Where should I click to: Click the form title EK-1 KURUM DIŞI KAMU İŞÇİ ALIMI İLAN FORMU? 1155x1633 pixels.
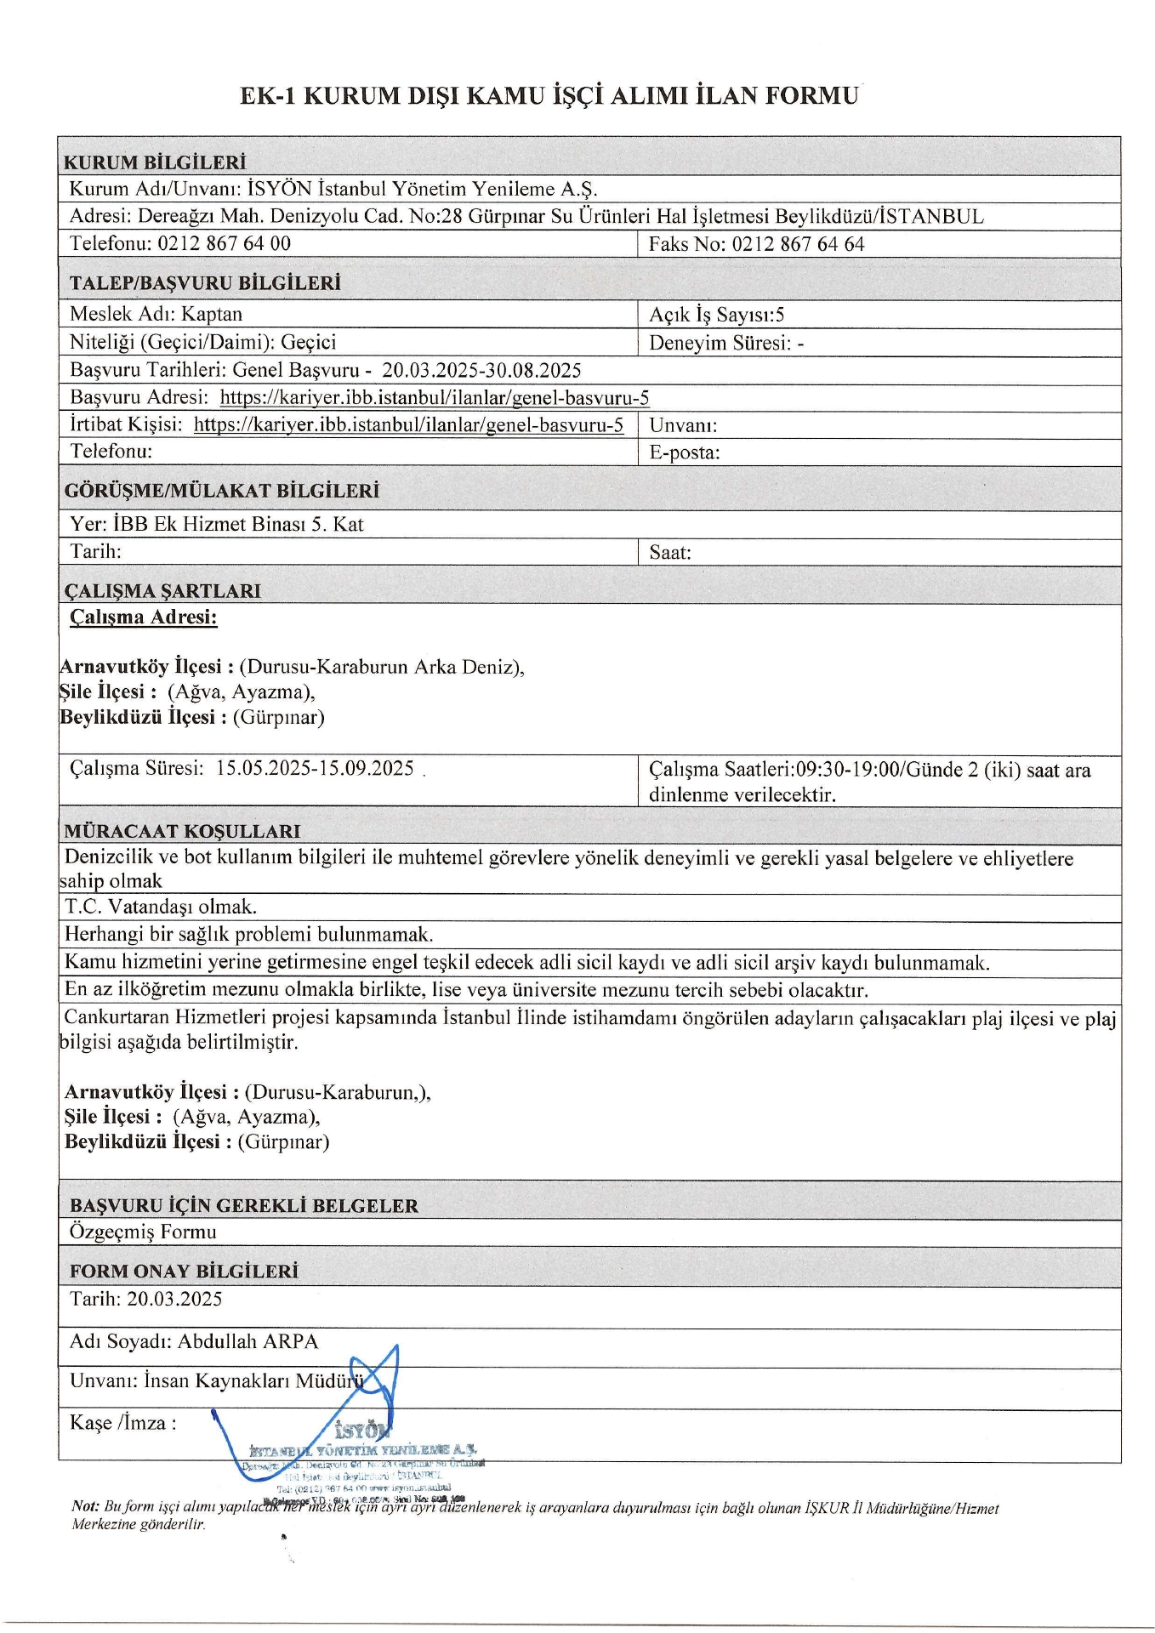pyautogui.click(x=549, y=95)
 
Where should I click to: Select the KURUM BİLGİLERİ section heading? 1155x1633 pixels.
pyautogui.click(x=155, y=162)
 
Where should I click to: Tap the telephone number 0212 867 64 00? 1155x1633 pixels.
pyautogui.click(x=224, y=243)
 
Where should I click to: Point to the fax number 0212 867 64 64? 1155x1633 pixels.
pyautogui.click(x=798, y=244)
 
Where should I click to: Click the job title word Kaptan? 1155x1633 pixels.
pyautogui.click(x=212, y=314)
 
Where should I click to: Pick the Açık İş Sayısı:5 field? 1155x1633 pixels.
pyautogui.click(x=716, y=315)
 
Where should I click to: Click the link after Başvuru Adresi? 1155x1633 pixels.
pyautogui.click(x=434, y=397)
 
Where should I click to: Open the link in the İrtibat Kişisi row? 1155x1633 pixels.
pyautogui.click(x=408, y=424)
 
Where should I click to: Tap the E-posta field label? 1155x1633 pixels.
pyautogui.click(x=684, y=452)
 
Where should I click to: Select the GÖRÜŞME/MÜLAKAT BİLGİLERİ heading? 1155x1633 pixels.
pyautogui.click(x=221, y=491)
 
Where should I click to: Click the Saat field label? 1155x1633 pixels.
pyautogui.click(x=670, y=552)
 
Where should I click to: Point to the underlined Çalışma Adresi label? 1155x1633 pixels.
pyautogui.click(x=143, y=617)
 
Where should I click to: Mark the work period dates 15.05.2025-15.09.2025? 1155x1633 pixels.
pyautogui.click(x=315, y=768)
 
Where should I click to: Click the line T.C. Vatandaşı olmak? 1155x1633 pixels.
pyautogui.click(x=161, y=907)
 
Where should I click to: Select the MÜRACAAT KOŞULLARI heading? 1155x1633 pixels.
pyautogui.click(x=182, y=831)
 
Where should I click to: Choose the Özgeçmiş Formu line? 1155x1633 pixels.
pyautogui.click(x=143, y=1232)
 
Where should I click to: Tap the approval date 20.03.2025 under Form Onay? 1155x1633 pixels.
pyautogui.click(x=174, y=1299)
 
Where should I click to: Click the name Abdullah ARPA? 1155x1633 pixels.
pyautogui.click(x=247, y=1341)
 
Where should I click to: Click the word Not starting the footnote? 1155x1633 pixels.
pyautogui.click(x=84, y=1506)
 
